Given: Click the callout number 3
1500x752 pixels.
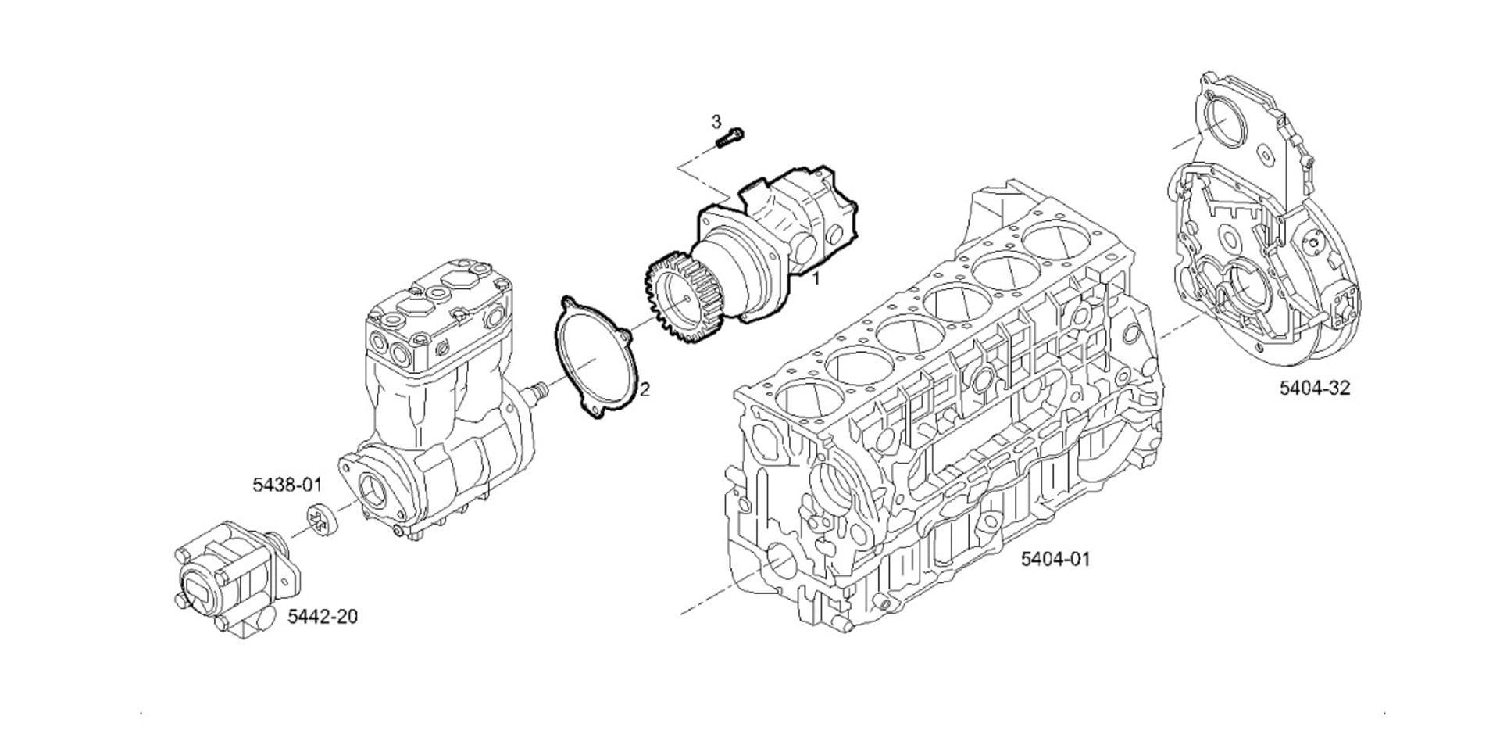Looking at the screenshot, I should pos(716,122).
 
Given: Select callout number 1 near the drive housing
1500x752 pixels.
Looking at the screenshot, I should pos(816,278).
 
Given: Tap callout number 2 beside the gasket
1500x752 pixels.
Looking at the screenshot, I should pos(645,389).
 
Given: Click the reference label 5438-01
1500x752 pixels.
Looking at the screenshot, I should pos(287,485).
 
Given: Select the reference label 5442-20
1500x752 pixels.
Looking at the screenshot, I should pos(323,617).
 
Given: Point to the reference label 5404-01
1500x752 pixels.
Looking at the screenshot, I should pos(1055,559).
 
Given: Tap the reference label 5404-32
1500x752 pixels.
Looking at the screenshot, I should pos(1314,388).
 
